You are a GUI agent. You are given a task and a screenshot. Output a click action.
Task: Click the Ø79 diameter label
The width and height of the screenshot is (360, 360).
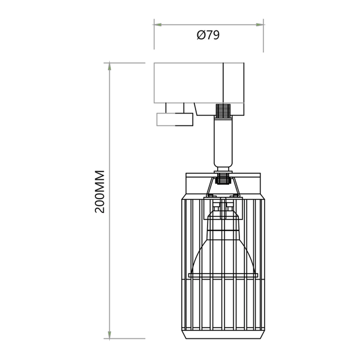(208, 35)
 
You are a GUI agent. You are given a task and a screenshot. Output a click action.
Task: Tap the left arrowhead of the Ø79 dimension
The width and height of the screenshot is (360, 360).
(157, 25)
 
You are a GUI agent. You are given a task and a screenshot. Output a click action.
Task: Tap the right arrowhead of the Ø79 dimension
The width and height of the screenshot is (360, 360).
(260, 25)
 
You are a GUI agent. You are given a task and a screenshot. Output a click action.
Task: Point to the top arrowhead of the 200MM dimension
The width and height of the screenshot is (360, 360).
(109, 66)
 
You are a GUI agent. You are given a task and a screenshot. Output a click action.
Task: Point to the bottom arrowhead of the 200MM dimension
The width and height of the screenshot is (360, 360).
(109, 335)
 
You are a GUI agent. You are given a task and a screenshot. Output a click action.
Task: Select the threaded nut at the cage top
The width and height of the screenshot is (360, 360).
(223, 178)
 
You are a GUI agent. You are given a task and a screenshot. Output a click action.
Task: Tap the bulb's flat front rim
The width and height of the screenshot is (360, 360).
(223, 275)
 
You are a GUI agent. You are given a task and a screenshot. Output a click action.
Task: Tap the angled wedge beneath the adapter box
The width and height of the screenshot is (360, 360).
(192, 108)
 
